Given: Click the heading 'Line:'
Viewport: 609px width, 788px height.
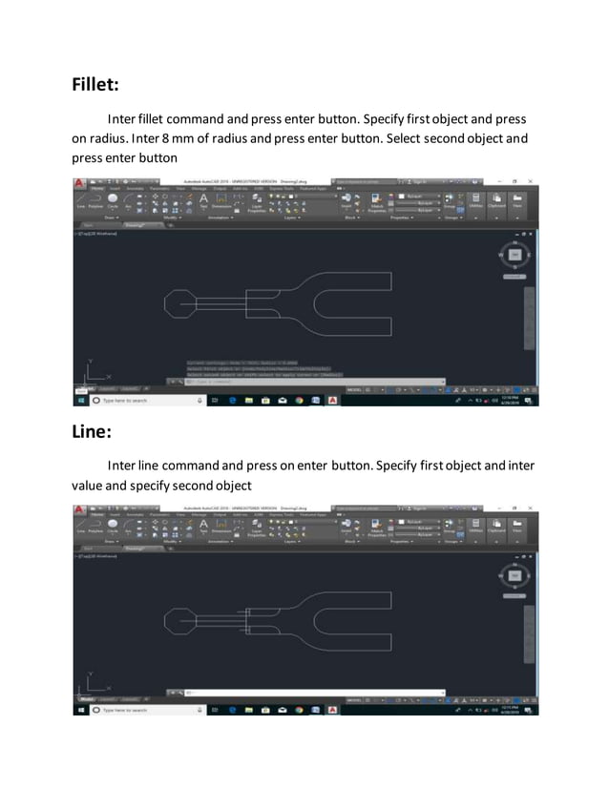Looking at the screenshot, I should click(92, 431).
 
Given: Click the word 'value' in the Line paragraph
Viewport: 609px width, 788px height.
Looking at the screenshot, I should click(92, 485).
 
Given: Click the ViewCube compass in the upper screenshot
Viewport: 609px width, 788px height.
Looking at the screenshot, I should click(515, 257).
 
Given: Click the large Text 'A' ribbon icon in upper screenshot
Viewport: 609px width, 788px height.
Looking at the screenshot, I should click(203, 199).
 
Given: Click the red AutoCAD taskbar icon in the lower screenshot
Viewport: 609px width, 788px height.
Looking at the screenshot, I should click(331, 710).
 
